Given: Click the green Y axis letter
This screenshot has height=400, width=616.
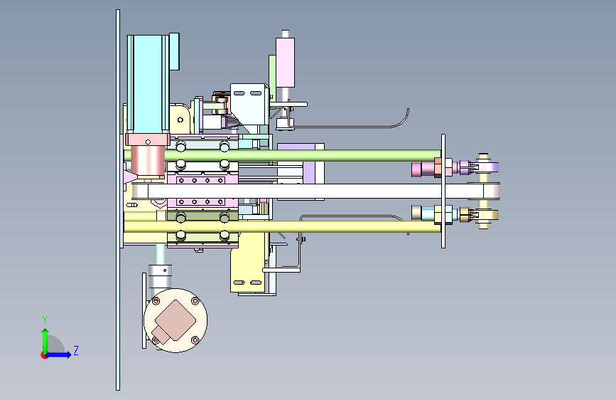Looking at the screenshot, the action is [45, 320].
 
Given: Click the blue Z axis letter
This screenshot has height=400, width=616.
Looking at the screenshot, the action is [76, 350].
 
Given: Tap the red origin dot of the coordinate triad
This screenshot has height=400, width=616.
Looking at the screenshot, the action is [44, 355].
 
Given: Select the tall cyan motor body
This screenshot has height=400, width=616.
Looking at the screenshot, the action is [148, 84].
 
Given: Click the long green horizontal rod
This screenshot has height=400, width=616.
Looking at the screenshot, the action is [282, 155].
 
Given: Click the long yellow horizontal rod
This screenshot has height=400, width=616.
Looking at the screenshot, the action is [282, 226].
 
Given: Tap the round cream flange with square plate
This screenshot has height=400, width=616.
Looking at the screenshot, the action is [175, 320].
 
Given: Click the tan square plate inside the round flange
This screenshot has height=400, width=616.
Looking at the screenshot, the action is [175, 320].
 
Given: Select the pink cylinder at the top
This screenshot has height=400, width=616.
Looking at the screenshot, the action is [285, 62].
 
